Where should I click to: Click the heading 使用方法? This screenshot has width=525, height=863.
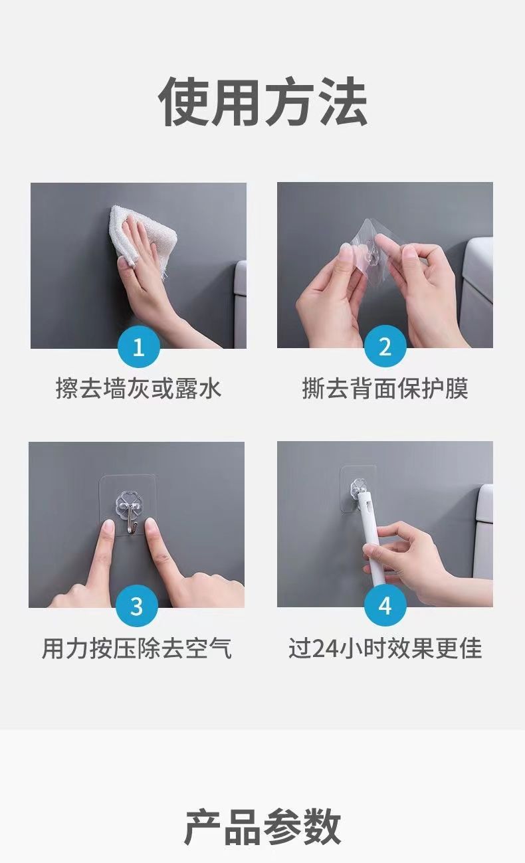[262, 102]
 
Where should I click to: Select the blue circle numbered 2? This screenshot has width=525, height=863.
[385, 345]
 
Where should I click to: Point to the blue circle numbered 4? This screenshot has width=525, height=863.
[385, 605]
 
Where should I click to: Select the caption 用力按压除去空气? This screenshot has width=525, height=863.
[137, 648]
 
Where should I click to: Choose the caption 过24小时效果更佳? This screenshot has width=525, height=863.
[385, 648]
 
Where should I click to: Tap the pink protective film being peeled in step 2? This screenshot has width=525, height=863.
[357, 261]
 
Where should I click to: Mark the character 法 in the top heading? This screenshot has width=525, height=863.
[342, 102]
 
